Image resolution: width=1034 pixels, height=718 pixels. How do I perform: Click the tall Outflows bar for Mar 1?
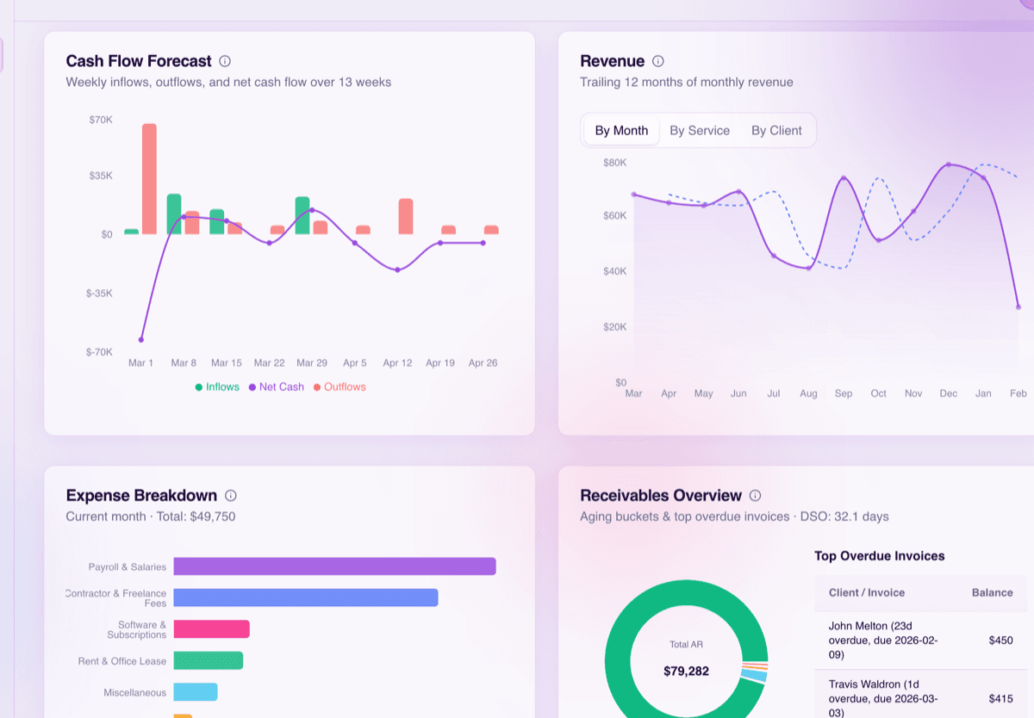point(149,179)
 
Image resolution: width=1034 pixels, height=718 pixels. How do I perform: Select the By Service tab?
point(699,131)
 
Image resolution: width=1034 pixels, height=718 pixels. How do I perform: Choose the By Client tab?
point(776,131)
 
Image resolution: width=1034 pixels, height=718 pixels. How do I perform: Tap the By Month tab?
point(621,131)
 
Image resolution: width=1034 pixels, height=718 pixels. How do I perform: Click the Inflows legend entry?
point(217,387)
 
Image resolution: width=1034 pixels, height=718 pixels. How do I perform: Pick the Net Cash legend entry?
point(277,387)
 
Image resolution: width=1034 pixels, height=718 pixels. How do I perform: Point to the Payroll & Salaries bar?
point(334,566)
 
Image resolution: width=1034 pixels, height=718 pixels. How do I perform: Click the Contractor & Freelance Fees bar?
point(306,597)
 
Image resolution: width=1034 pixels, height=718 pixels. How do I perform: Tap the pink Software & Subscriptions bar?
point(211,629)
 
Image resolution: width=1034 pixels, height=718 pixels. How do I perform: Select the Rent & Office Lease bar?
point(208,660)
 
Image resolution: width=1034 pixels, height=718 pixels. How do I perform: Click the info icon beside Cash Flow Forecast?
point(225,61)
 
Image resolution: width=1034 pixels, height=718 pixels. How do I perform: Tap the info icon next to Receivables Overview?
point(755,496)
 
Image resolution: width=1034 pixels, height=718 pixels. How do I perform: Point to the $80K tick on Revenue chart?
point(614,163)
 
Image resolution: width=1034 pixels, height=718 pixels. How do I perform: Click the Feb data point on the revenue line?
point(1018,307)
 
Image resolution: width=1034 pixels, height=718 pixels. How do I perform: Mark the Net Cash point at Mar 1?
point(141,340)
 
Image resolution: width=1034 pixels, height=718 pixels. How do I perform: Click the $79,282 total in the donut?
point(686,671)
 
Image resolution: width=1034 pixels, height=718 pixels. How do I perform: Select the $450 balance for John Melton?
point(1000,640)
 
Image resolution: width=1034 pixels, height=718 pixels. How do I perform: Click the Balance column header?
point(992,592)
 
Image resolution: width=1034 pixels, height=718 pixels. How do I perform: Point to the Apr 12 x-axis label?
point(397,363)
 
